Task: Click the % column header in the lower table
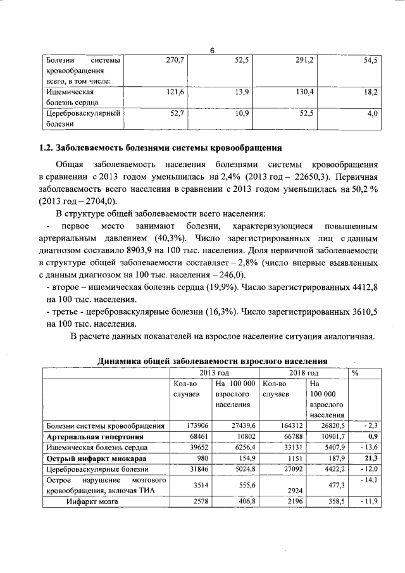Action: [356, 373]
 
